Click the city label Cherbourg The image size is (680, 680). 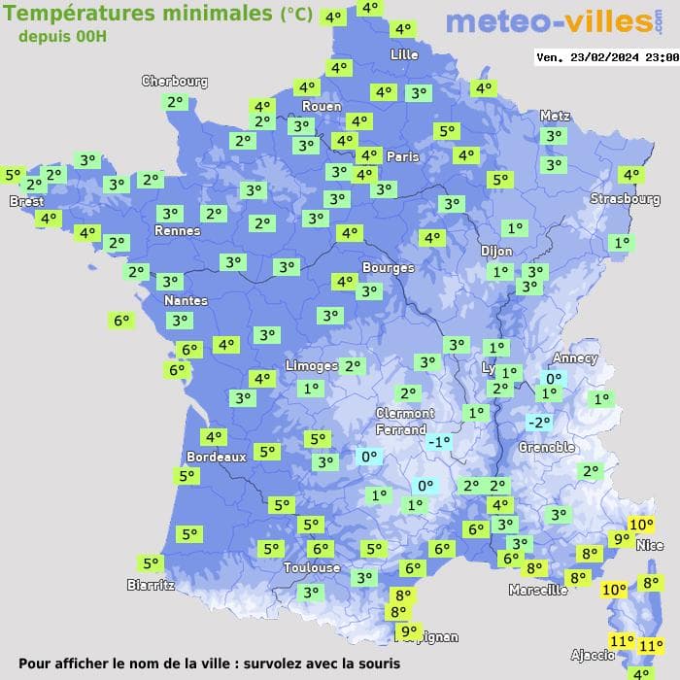tap(175, 82)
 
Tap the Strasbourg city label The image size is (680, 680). tap(625, 199)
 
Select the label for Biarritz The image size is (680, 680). tap(151, 585)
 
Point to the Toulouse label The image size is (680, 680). tap(312, 567)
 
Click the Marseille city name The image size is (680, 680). tap(538, 590)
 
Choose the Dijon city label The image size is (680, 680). tap(496, 251)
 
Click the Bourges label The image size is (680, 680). tap(388, 267)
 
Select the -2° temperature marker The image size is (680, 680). tap(538, 423)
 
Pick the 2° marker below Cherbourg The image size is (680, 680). tap(175, 102)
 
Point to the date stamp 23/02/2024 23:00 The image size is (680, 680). tap(607, 57)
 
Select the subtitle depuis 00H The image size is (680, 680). tap(62, 37)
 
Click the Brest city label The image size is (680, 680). tap(26, 201)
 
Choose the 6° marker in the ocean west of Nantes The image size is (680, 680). tap(121, 320)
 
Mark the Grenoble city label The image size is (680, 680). tap(546, 448)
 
